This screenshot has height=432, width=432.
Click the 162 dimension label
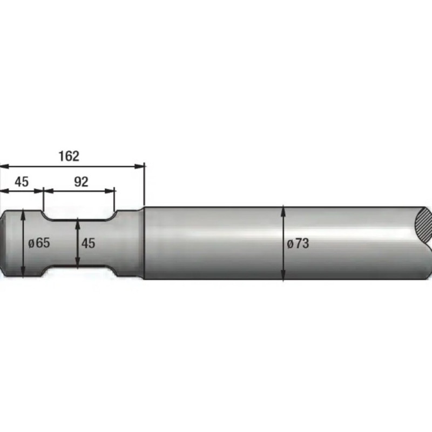[69, 156]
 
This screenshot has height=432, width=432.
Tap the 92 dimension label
[82, 182]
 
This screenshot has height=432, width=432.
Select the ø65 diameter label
[39, 243]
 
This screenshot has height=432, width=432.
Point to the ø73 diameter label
[298, 244]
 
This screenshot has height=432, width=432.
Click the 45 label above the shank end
[22, 182]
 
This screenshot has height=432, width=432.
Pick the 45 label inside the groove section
[88, 244]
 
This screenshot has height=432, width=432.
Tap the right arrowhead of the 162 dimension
[139, 166]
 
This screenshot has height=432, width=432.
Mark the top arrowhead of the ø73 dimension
[283, 212]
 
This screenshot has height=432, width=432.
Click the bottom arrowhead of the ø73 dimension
[283, 274]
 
